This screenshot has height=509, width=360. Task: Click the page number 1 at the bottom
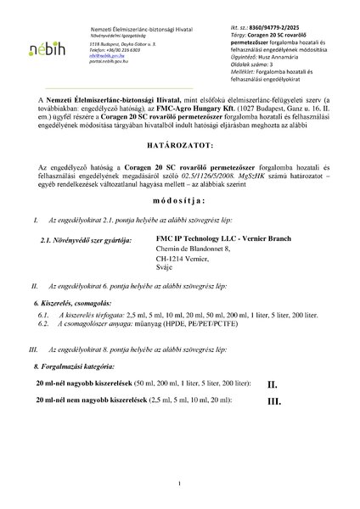181,484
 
